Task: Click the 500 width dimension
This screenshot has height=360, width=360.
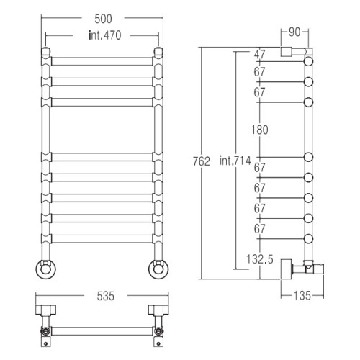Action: click(x=103, y=19)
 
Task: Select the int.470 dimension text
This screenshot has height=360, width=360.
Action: click(x=105, y=35)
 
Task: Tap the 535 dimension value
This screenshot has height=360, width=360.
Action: click(x=105, y=296)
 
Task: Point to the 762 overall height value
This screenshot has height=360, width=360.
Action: click(x=202, y=161)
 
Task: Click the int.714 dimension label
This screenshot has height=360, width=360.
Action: click(x=235, y=161)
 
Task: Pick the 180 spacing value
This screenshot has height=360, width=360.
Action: click(x=259, y=130)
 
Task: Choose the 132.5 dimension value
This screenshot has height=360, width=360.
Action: click(x=260, y=259)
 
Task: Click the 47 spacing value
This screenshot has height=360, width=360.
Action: click(x=260, y=54)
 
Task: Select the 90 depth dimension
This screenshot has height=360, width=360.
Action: click(x=294, y=32)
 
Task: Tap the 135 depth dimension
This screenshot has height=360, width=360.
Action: click(x=302, y=296)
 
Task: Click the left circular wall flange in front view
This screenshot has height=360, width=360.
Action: click(x=46, y=269)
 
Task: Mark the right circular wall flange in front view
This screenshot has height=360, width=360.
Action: click(x=158, y=269)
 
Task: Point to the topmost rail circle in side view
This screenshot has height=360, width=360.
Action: click(x=308, y=61)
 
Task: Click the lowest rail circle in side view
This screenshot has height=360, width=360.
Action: click(x=308, y=239)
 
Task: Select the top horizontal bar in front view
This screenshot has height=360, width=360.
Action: click(x=102, y=61)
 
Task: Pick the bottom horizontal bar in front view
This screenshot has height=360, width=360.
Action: click(x=102, y=239)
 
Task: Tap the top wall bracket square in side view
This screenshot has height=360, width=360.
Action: click(x=287, y=52)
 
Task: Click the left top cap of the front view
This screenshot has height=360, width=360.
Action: click(x=46, y=52)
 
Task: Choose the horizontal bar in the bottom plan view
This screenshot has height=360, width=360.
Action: click(x=102, y=331)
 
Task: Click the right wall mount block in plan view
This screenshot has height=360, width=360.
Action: click(x=158, y=310)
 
